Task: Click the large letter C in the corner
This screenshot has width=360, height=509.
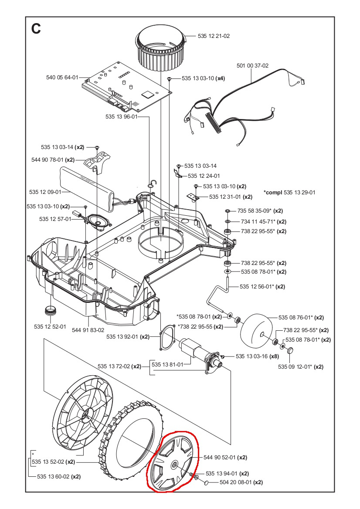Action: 36,28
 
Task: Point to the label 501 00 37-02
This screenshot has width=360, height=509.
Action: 252,66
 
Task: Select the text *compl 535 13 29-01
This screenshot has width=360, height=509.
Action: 289,192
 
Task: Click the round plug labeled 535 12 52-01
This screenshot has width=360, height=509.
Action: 52,312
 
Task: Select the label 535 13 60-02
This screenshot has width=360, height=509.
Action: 58,476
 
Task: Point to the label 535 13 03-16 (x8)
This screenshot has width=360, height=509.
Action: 257,356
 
